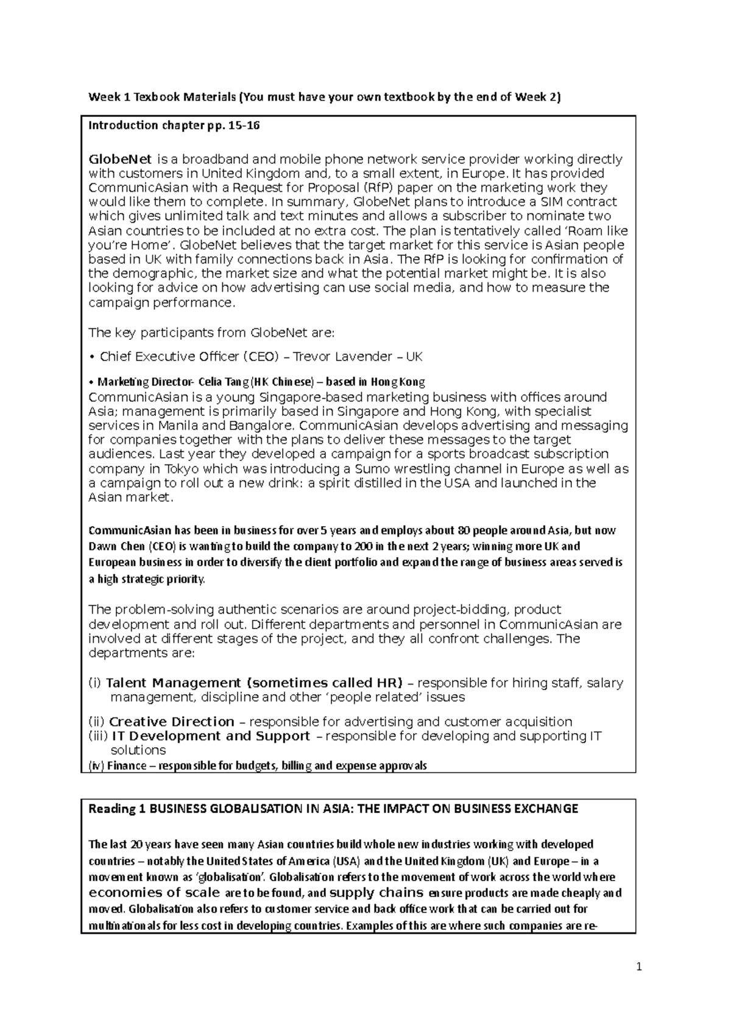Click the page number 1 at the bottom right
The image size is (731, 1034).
pos(639,966)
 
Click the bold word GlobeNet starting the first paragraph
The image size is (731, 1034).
pos(120,160)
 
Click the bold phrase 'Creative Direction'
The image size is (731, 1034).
pos(171,722)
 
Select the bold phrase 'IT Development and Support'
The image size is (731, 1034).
pos(211,736)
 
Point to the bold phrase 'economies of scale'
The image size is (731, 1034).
pos(154,893)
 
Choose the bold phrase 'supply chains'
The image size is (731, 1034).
pos(376,893)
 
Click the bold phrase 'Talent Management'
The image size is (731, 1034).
pos(173,683)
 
